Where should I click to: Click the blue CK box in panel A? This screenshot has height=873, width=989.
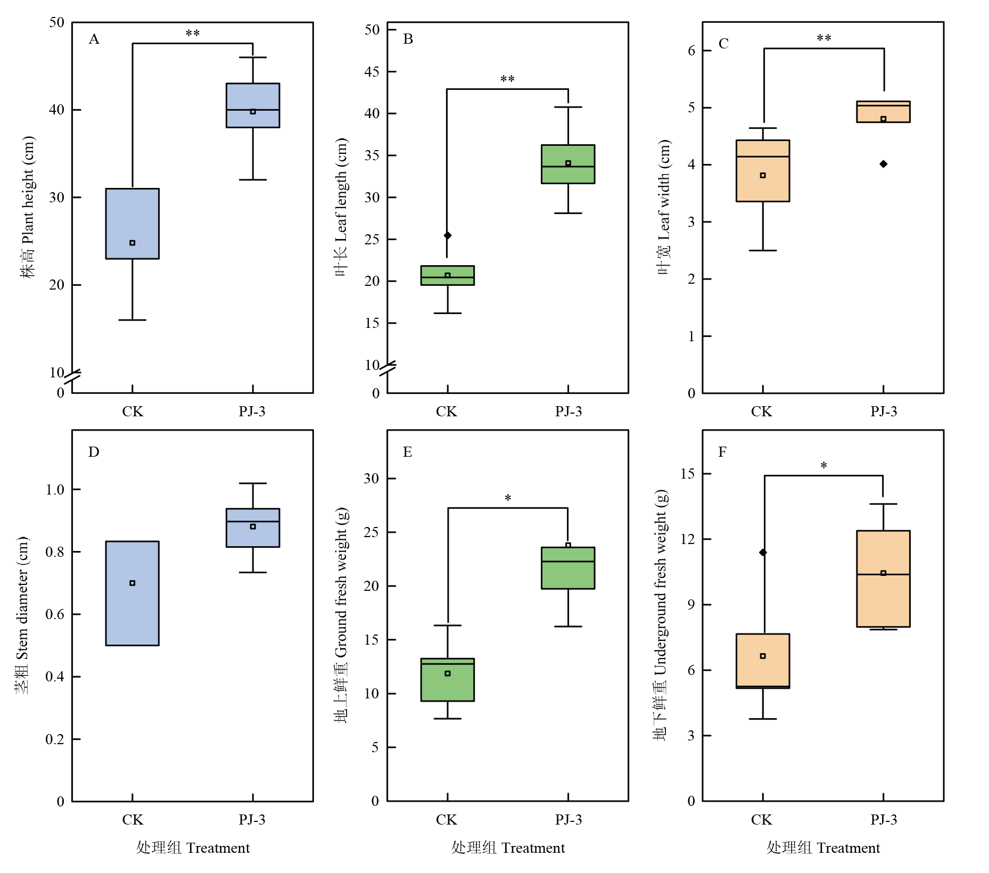(132, 224)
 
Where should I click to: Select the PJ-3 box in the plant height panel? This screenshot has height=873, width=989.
(253, 105)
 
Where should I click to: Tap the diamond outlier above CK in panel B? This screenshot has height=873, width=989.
(448, 235)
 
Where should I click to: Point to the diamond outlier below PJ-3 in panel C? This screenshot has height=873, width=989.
(884, 164)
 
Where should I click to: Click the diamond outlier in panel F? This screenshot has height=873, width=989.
(763, 553)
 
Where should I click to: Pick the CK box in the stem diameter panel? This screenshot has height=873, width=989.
(132, 593)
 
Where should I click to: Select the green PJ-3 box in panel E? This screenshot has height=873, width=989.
(568, 568)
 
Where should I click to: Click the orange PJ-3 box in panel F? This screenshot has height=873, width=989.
(883, 579)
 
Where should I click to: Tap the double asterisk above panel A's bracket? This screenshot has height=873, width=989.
(193, 34)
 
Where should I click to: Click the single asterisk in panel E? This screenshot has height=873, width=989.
(508, 498)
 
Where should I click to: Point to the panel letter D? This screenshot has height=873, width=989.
(94, 452)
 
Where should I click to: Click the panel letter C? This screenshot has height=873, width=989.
(723, 44)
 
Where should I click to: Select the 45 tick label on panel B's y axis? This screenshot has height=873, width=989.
(372, 71)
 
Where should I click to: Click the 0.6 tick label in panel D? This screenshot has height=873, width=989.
(55, 614)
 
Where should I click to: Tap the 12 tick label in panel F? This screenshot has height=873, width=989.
(688, 539)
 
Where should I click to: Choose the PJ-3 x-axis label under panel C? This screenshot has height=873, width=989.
(884, 411)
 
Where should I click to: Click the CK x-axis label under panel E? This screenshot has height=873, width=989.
(446, 820)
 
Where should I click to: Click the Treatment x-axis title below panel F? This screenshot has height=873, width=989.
(823, 848)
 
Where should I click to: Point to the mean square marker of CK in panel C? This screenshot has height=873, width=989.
(763, 175)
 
